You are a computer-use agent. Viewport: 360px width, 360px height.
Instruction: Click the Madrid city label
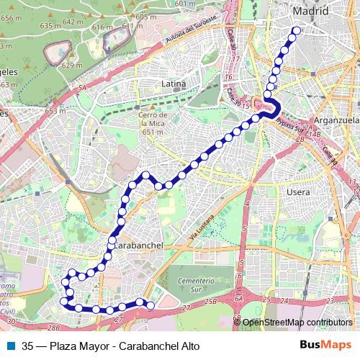point(310,12)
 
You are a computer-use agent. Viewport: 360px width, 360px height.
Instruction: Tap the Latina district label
point(174,84)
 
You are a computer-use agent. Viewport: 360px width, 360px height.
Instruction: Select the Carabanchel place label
point(138,245)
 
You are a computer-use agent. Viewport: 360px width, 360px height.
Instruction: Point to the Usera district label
point(298,192)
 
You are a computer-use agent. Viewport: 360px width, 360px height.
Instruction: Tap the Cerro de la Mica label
point(153,123)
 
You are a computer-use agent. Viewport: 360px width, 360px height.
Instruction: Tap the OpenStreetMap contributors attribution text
point(296,323)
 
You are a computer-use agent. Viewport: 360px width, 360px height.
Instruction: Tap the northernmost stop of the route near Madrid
point(296,30)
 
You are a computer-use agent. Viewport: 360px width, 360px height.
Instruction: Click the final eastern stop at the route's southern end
point(151,306)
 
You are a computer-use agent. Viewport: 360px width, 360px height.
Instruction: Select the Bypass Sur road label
point(290,123)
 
